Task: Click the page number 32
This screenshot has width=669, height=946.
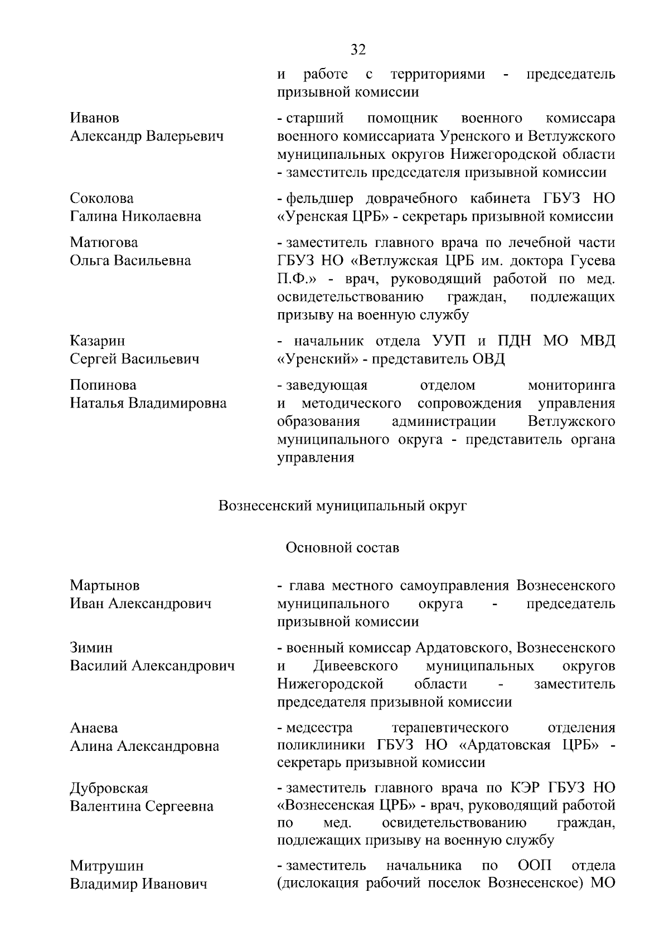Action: (x=358, y=50)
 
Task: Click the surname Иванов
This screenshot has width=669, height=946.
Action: (x=95, y=118)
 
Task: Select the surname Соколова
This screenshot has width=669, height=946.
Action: (x=102, y=198)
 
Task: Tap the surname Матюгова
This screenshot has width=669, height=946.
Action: (x=104, y=242)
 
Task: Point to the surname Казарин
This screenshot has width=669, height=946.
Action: (x=98, y=341)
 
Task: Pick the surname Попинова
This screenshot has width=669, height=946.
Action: (x=103, y=385)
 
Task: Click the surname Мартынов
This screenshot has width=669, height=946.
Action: (x=105, y=585)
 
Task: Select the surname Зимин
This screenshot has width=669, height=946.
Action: (x=91, y=648)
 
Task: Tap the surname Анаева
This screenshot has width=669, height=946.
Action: (x=94, y=728)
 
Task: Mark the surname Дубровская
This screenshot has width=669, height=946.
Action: (x=109, y=788)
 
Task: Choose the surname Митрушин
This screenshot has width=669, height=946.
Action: (x=106, y=866)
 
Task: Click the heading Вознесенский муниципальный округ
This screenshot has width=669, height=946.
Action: (x=342, y=506)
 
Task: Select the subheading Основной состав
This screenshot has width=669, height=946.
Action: (x=342, y=547)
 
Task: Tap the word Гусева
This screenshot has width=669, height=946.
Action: (x=593, y=260)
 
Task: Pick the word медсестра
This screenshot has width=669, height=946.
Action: (x=319, y=728)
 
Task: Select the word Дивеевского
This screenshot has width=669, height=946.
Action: (x=356, y=666)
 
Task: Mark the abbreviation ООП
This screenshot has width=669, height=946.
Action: (x=535, y=866)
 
